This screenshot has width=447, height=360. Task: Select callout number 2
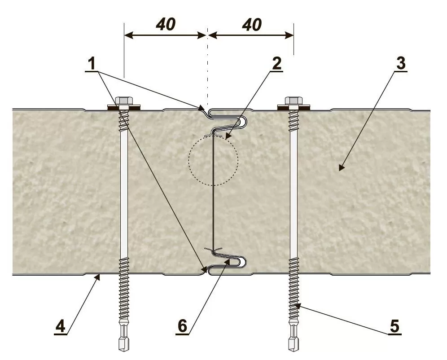pyautogui.click(x=276, y=63)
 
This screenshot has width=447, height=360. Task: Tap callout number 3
pyautogui.click(x=400, y=63)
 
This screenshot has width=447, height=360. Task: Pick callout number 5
pyautogui.click(x=394, y=326)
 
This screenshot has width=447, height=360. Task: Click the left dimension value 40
pyautogui.click(x=165, y=25)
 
